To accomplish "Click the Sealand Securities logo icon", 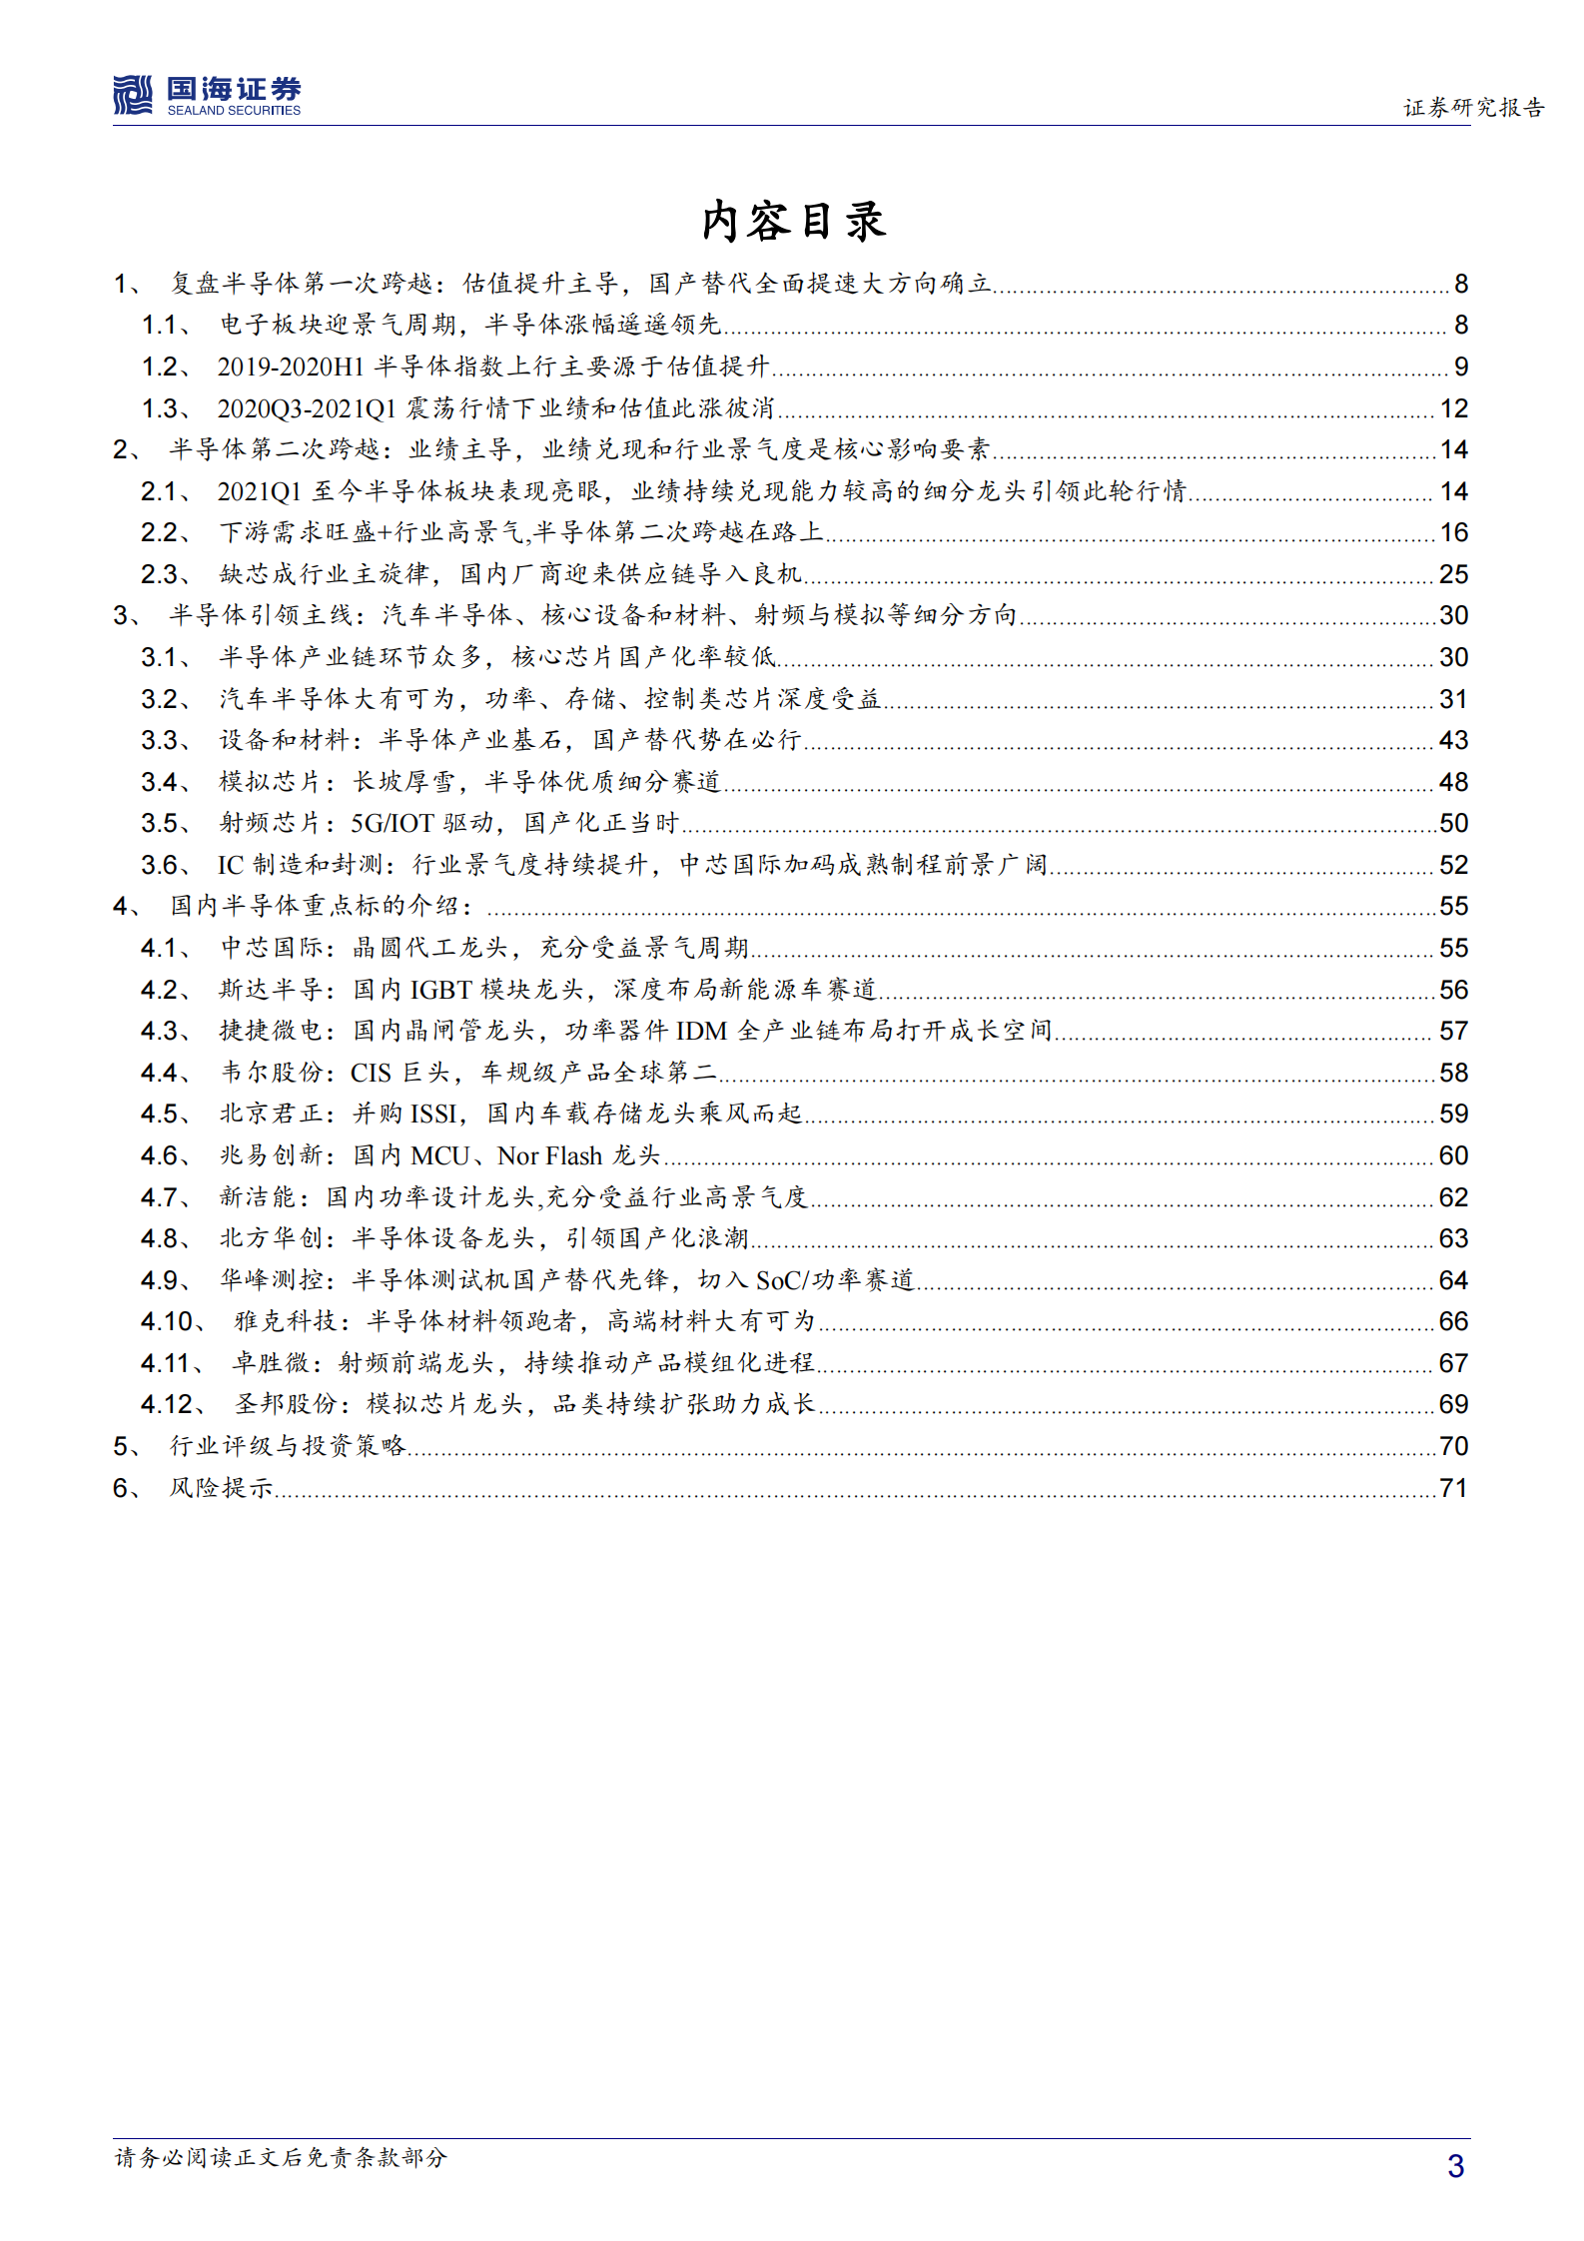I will tap(133, 95).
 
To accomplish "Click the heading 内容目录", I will tap(793, 221).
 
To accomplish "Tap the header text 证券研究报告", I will tap(1473, 107).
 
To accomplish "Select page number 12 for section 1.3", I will tap(1453, 408).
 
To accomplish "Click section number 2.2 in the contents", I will tap(160, 532).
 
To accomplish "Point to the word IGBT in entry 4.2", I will tap(440, 990).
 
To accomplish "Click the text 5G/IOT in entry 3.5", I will tap(392, 824).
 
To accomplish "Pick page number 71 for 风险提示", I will tap(1453, 1488).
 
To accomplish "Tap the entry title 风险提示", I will tap(221, 1488).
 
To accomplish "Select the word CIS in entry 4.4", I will tap(371, 1073).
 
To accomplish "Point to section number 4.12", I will tap(167, 1404).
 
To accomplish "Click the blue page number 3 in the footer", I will tap(1455, 2165).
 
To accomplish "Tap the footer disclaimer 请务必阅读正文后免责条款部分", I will tap(281, 2157).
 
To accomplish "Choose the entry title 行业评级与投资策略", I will tap(288, 1446).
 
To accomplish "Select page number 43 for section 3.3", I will tap(1453, 740).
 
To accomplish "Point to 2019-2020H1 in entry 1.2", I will tap(291, 367).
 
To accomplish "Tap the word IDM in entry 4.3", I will tap(701, 1031).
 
